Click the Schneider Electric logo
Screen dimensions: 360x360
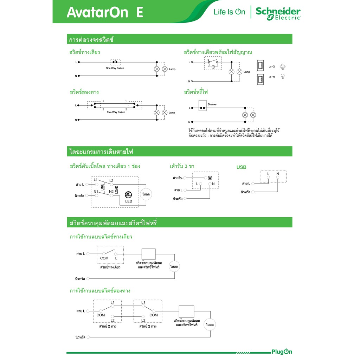278,13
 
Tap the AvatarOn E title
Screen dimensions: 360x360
105,12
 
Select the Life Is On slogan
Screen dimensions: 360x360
229,12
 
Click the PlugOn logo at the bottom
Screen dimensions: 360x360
282,352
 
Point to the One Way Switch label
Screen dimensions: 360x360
115,68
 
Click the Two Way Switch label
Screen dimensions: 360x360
116,112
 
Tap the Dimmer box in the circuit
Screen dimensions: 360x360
202,105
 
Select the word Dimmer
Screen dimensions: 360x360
212,104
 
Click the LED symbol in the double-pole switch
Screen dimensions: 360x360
128,195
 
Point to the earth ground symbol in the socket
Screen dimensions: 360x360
210,178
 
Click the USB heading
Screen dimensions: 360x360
241,167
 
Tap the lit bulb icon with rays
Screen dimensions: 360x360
283,67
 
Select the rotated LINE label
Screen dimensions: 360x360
102,187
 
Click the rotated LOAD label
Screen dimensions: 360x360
116,189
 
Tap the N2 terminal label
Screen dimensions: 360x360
111,192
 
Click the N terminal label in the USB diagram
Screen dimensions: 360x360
278,174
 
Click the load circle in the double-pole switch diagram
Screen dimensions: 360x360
146,194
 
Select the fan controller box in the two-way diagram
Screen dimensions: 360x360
186,311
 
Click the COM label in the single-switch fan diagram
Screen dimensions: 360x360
104,258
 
